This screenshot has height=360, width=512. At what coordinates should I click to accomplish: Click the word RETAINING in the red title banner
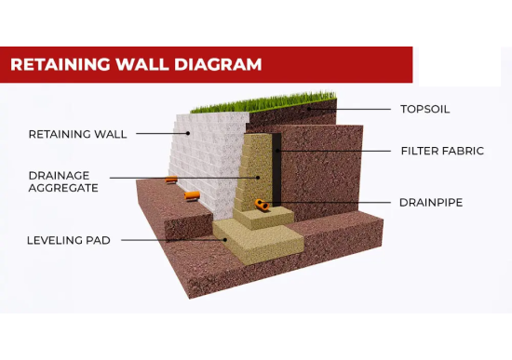coord(61,64)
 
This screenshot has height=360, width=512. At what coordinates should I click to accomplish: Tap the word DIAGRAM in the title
coord(218,64)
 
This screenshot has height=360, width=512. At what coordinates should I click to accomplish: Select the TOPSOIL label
coord(424,109)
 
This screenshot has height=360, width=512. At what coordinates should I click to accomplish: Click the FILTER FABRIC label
coord(442,151)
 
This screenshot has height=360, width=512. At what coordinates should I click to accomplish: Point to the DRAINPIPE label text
coord(431,203)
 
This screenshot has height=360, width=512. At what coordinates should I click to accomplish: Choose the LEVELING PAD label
coord(69,240)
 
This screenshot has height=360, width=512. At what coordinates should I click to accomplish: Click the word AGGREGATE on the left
coord(63,188)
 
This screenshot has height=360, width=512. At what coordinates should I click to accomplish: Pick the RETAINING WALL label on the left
coord(77,134)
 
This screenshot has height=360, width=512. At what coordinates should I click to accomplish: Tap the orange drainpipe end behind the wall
coord(262,205)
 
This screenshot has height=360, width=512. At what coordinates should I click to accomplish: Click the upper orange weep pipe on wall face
coord(171,180)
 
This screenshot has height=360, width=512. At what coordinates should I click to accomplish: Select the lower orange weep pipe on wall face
coord(192,195)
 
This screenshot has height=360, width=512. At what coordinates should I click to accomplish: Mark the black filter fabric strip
coord(276,169)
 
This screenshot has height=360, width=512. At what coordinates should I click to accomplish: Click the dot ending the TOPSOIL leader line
coord(308,109)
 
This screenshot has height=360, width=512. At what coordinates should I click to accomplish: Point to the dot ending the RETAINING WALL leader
coord(188,133)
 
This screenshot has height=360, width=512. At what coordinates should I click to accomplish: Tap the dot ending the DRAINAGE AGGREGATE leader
coord(258,178)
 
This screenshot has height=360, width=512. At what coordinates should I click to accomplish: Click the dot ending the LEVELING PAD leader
coord(225,240)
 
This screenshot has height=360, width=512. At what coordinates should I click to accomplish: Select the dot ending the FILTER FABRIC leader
coord(276,151)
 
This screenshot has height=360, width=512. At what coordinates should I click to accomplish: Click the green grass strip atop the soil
coord(263,103)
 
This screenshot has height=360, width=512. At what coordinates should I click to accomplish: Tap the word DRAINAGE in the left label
coord(59,176)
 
